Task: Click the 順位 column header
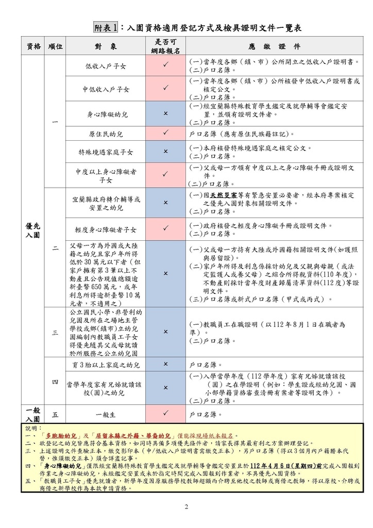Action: pyautogui.click(x=55, y=46)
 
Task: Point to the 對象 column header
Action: pyautogui.click(x=105, y=46)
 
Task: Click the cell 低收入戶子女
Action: pyautogui.click(x=105, y=66)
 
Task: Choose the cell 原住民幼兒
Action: pyautogui.click(x=105, y=134)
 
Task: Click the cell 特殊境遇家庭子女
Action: pyautogui.click(x=105, y=152)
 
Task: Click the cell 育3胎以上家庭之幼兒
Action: pyautogui.click(x=105, y=364)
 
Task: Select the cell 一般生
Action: pyautogui.click(x=105, y=414)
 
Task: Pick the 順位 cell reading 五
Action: pyautogui.click(x=55, y=414)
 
